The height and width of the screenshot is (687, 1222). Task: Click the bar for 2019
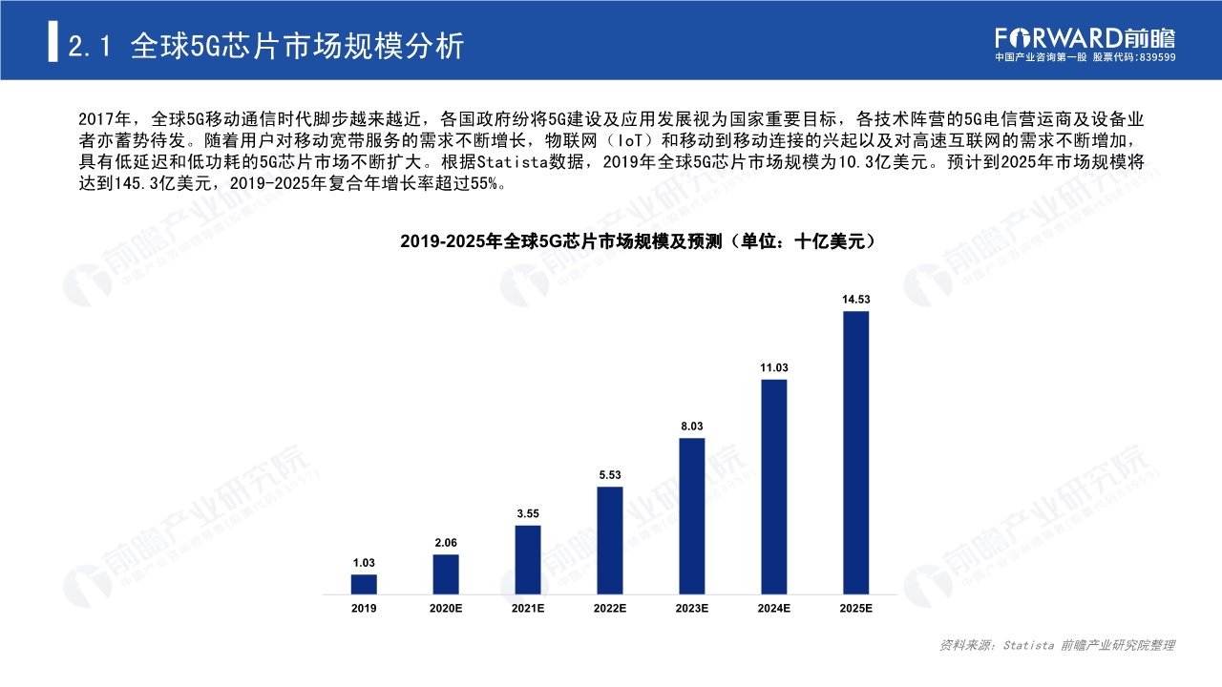pyautogui.click(x=364, y=584)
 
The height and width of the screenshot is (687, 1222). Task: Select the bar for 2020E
pyautogui.click(x=446, y=574)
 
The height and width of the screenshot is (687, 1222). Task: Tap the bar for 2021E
pyautogui.click(x=528, y=560)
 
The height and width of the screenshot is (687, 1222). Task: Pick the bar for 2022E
pyautogui.click(x=610, y=541)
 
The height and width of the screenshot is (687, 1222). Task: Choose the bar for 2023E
pyautogui.click(x=692, y=516)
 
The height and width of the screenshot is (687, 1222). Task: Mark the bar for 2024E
pyautogui.click(x=774, y=488)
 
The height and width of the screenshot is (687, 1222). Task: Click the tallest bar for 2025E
pyautogui.click(x=856, y=453)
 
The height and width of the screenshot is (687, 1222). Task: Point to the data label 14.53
pyautogui.click(x=856, y=300)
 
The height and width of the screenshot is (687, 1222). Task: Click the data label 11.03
pyautogui.click(x=774, y=367)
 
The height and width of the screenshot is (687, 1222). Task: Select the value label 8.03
pyautogui.click(x=692, y=426)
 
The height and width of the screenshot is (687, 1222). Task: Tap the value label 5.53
pyautogui.click(x=610, y=474)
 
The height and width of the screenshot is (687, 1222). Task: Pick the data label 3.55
pyautogui.click(x=528, y=513)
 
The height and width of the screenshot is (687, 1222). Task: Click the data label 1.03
pyautogui.click(x=364, y=562)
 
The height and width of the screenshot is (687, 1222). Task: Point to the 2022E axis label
pyautogui.click(x=610, y=609)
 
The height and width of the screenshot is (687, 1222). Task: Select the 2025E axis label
pyautogui.click(x=856, y=609)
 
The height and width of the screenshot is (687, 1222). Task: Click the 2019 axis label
pyautogui.click(x=364, y=609)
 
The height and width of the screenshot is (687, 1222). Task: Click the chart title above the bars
pyautogui.click(x=638, y=242)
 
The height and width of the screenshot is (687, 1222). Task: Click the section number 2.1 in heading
pyautogui.click(x=92, y=46)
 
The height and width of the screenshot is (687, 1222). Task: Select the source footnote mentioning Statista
pyautogui.click(x=1057, y=646)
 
